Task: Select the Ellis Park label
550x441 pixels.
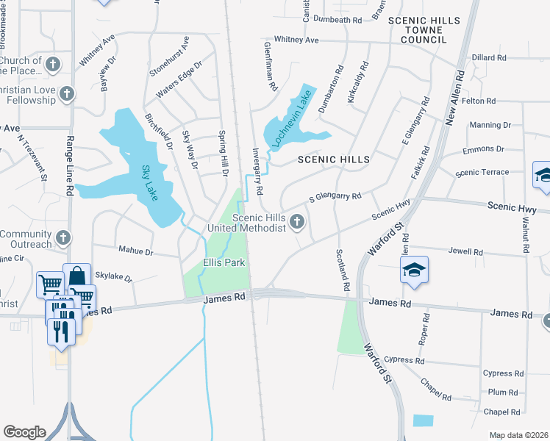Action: (224, 262)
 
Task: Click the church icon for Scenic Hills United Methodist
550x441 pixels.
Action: (297, 220)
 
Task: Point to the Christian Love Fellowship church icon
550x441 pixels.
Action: (67, 93)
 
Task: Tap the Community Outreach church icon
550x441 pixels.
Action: (63, 238)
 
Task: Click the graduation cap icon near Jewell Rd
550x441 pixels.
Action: (415, 270)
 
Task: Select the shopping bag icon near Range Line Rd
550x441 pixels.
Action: (76, 276)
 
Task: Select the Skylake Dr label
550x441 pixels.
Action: (118, 279)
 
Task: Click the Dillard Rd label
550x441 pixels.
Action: (489, 57)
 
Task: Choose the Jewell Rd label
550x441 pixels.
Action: (468, 252)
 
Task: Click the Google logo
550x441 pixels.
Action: (24, 432)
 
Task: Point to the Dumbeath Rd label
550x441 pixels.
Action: (338, 20)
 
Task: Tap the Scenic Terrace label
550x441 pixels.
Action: (482, 173)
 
